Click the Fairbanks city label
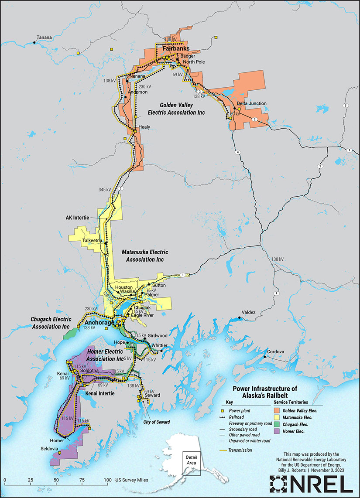(176, 49)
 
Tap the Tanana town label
(44, 38)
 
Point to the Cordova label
(275, 351)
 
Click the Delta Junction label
(251, 104)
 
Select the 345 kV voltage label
(105, 190)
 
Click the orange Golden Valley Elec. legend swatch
(277, 410)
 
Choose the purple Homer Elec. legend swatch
(277, 431)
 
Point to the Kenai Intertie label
(100, 393)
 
